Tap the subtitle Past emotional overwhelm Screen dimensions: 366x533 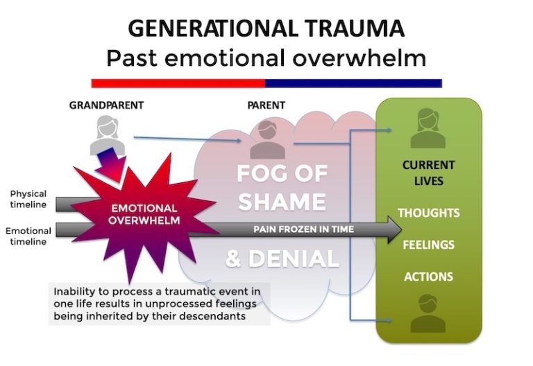(x=266, y=58)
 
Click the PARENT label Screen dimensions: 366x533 (x=266, y=105)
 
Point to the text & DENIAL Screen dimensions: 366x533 (x=281, y=259)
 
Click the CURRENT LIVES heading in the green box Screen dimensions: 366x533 (x=428, y=173)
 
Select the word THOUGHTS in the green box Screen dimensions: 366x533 (x=428, y=213)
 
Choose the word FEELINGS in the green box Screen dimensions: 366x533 (x=428, y=245)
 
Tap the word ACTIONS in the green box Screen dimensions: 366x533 (x=428, y=277)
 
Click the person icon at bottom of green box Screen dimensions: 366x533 (x=428, y=315)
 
